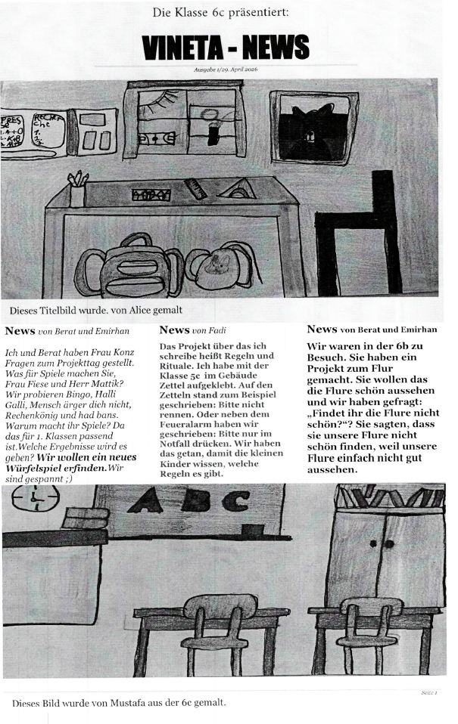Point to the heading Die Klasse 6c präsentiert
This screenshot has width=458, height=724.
[x=220, y=12]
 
